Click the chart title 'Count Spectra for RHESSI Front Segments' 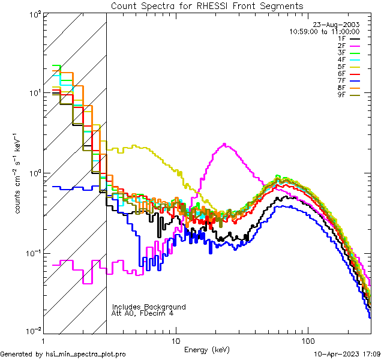point(207,5)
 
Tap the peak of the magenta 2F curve point(224,144)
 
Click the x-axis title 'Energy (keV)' point(207,350)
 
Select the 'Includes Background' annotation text point(149,307)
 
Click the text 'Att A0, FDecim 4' point(143,313)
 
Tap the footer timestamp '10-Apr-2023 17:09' point(348,354)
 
